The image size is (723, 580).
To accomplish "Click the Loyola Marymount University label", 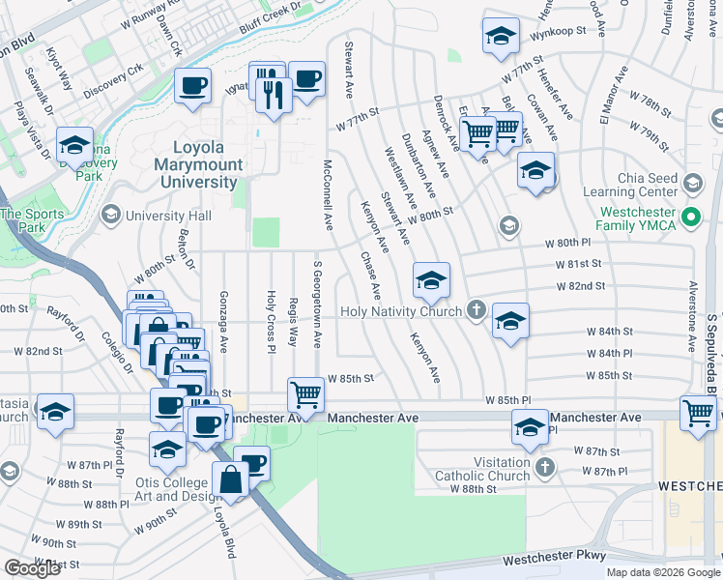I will (x=198, y=163).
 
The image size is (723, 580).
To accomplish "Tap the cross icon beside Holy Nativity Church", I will (x=475, y=310).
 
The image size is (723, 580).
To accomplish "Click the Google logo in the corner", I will (x=32, y=568).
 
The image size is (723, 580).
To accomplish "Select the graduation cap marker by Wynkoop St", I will (x=500, y=36).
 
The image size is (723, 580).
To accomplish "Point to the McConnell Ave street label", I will (x=329, y=195).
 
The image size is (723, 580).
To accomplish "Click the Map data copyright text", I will (x=663, y=572).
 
